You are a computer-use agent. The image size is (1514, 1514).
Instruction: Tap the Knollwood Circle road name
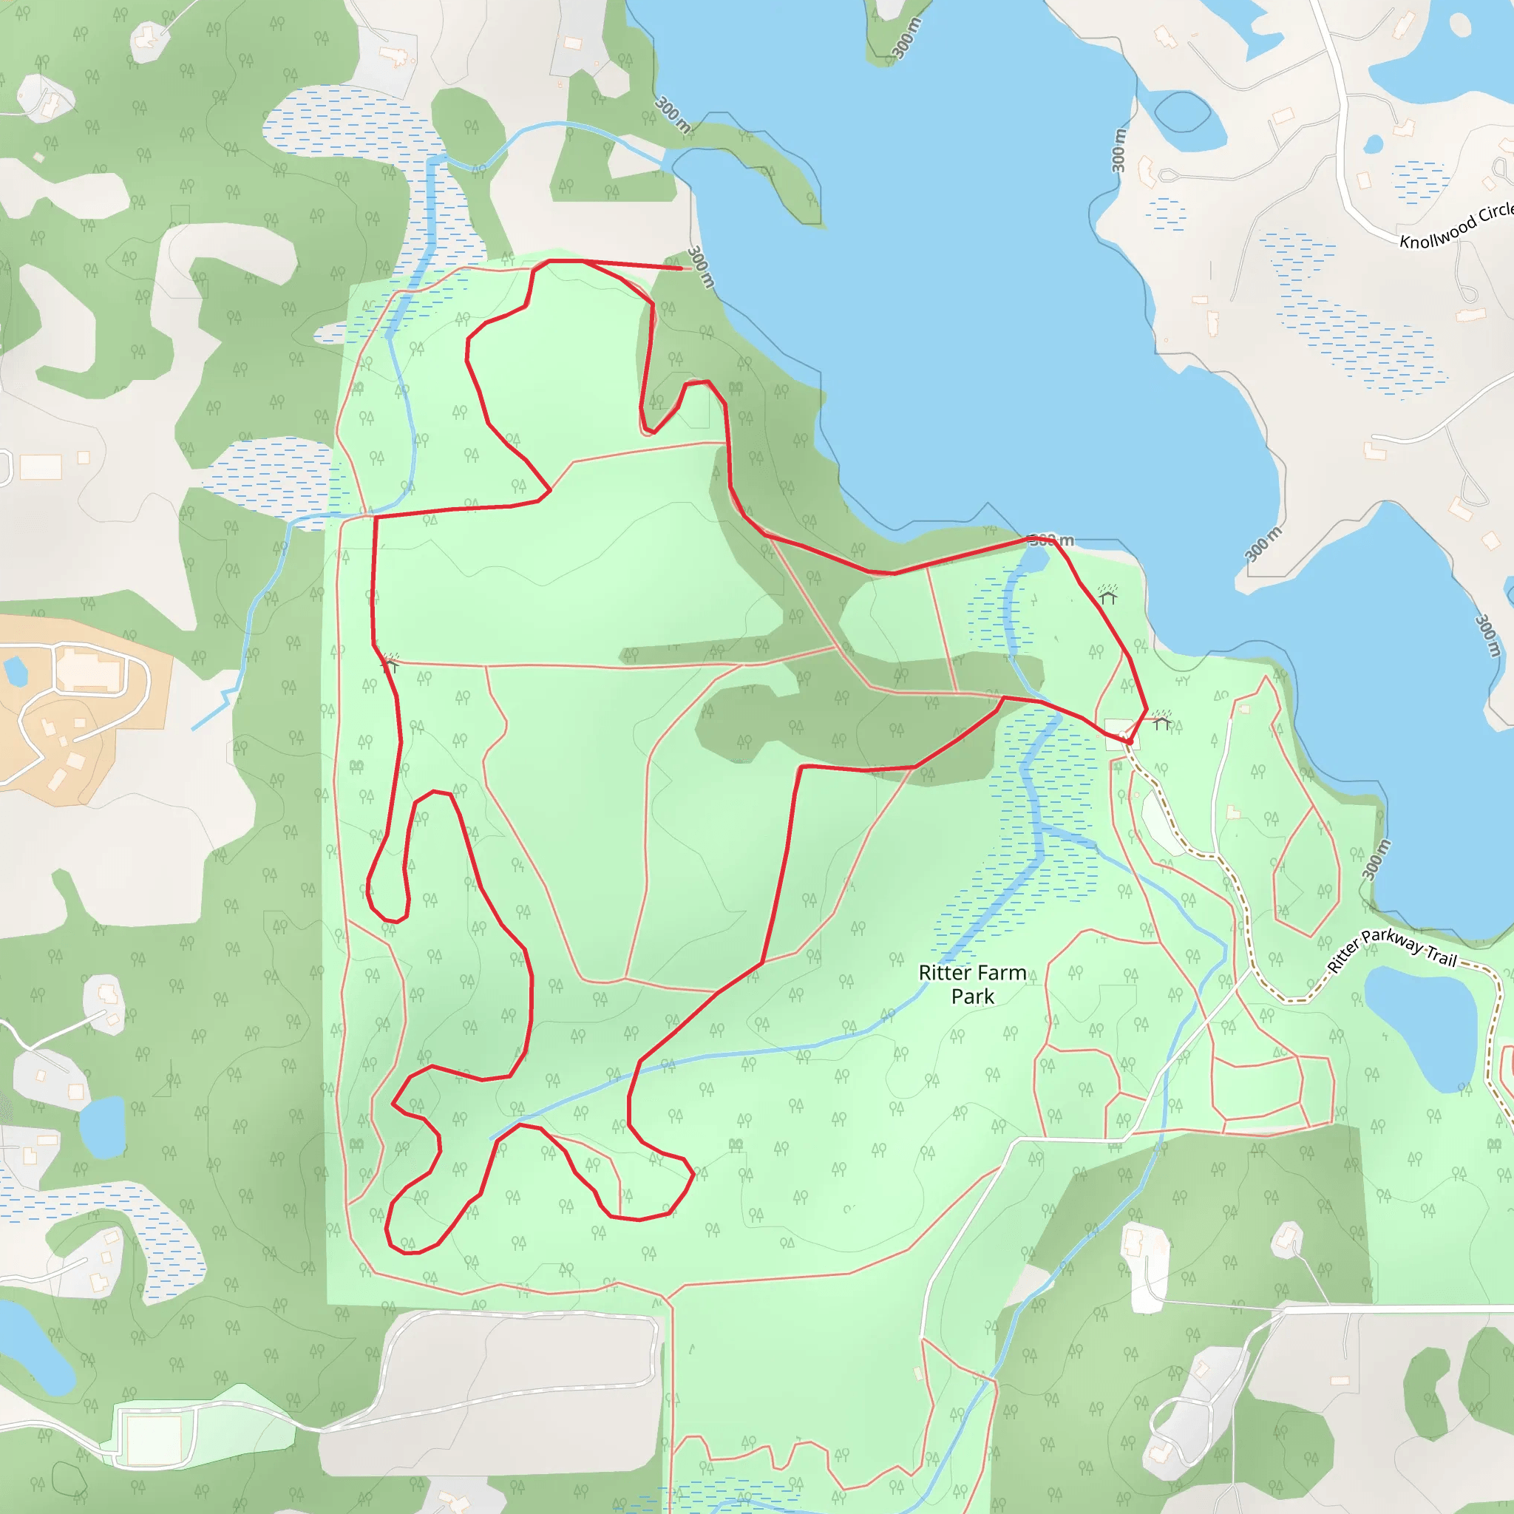1456,225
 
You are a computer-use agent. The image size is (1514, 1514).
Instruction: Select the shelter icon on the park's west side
390,663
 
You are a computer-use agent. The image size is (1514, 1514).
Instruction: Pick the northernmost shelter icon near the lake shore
1107,595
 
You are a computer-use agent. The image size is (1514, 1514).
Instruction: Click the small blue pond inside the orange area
15,671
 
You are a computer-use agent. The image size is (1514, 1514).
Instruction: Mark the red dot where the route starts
1130,741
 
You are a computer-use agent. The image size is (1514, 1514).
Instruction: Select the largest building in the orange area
89,671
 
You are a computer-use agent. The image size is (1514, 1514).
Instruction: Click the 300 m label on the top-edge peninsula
906,38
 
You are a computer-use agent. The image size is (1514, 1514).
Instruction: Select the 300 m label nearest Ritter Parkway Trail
1376,860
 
